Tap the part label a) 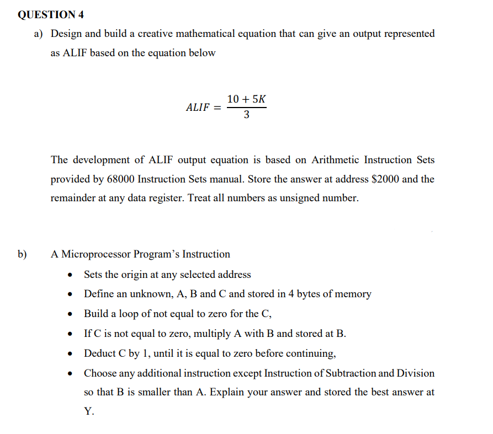tap(39, 34)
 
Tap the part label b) tap(23, 254)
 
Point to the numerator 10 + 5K tap(246, 99)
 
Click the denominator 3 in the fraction tap(246, 115)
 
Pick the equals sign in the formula tap(218, 108)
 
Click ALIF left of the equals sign tap(198, 108)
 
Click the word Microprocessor tap(102, 254)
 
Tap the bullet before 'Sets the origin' tap(70, 275)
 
